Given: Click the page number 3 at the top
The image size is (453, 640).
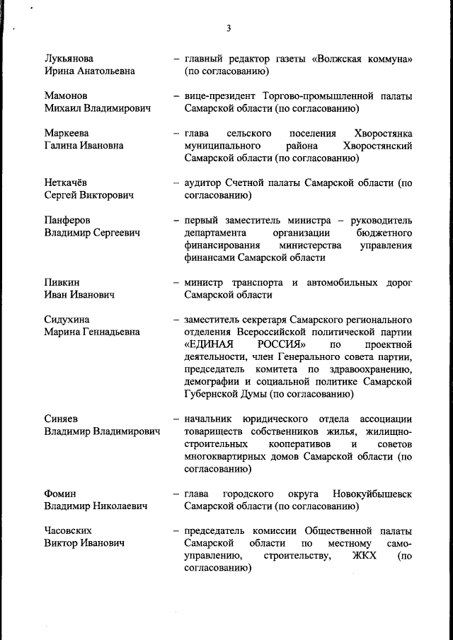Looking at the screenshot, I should point(229,28).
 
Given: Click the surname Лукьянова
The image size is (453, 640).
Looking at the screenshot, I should point(68,58).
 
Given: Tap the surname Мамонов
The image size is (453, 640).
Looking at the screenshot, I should point(66,95).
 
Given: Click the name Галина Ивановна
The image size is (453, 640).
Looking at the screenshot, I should point(84,145).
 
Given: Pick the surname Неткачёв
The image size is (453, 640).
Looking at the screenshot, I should point(66,182).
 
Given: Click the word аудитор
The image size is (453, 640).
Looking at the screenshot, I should point(205,182).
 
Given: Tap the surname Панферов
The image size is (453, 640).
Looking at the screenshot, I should point(67,220).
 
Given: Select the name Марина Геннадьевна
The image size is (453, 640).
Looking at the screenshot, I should point(92,332).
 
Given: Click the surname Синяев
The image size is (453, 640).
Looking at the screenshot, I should point(62,419).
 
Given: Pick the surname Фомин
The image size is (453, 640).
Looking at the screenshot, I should point(60,493).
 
